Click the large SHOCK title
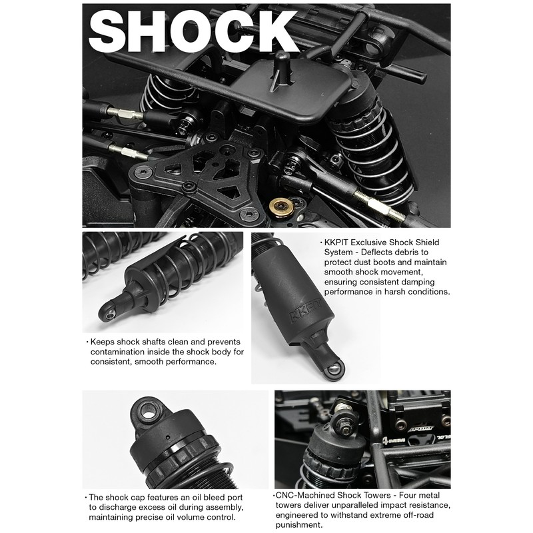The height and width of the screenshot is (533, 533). click(x=193, y=31)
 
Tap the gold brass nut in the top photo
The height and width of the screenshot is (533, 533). click(x=281, y=207)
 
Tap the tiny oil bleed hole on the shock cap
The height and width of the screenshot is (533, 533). click(x=167, y=436)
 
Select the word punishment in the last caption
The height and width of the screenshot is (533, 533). click(x=298, y=525)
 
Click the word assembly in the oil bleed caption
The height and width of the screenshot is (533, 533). click(x=225, y=508)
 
